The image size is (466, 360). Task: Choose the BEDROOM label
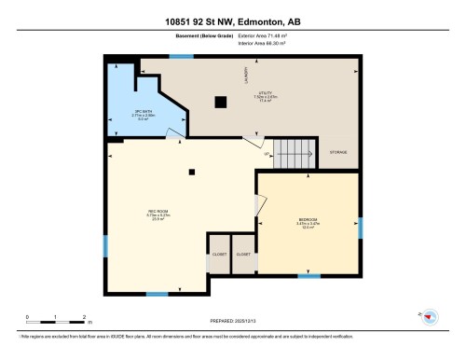click(307, 223)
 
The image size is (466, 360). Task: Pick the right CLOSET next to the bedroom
click(243, 254)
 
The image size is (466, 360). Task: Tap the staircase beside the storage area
click(296, 155)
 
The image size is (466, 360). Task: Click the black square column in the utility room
click(221, 102)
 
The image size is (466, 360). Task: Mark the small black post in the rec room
click(191, 171)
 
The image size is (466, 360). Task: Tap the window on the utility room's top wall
click(181, 57)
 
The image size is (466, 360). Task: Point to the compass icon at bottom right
click(429, 318)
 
